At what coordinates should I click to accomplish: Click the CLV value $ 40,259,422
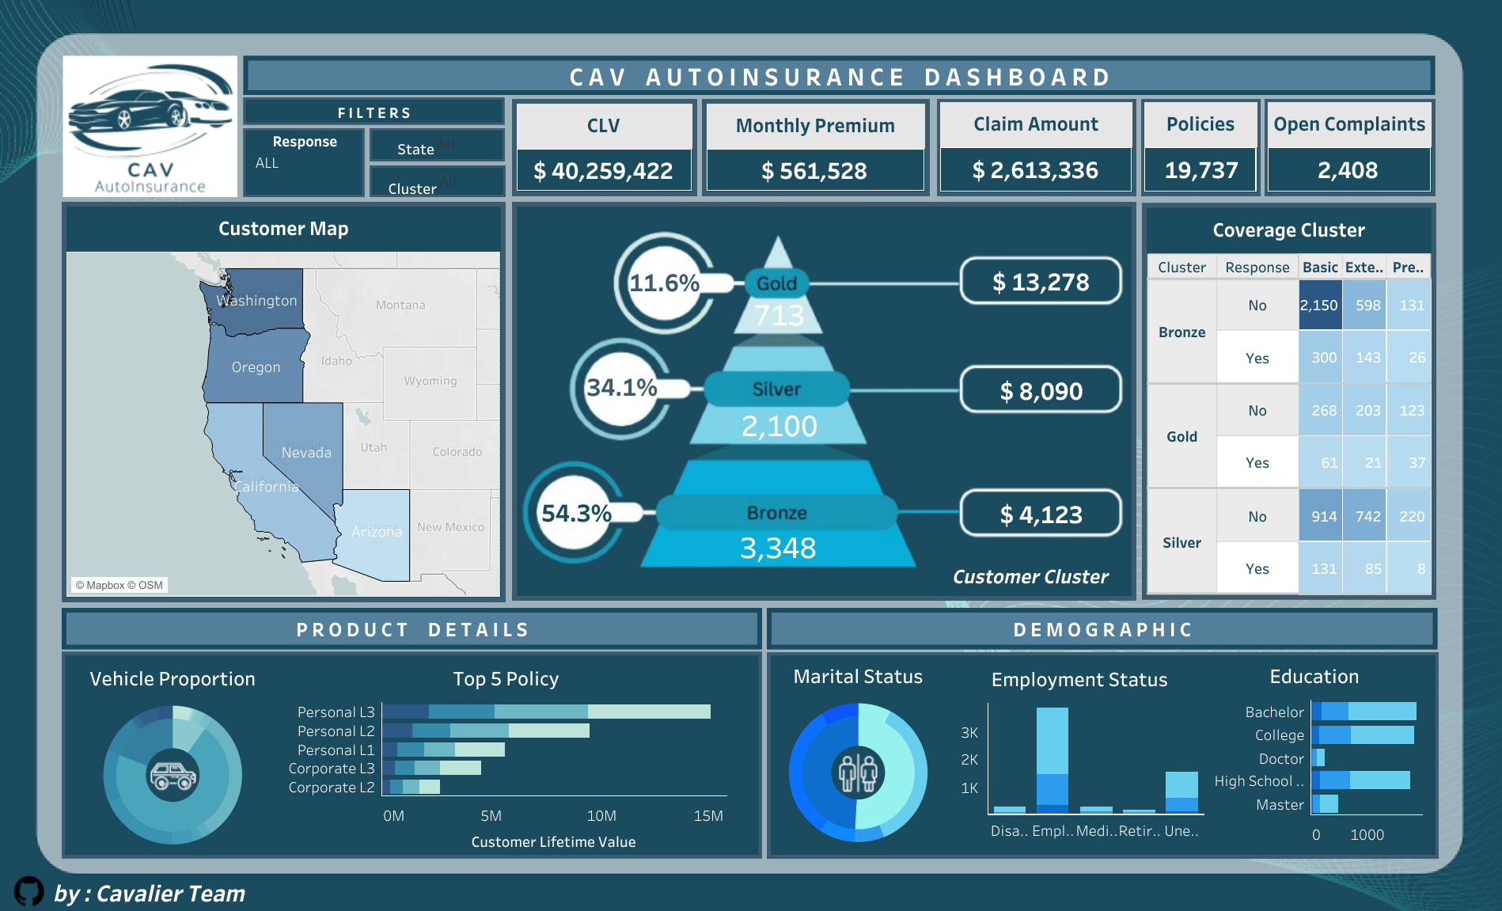tap(603, 171)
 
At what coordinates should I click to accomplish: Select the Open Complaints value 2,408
tap(1348, 170)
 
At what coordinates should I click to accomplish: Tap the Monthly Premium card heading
tap(815, 126)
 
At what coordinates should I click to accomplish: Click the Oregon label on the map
tap(256, 367)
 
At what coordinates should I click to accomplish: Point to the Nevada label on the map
tap(306, 453)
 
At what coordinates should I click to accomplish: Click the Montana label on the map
tap(400, 305)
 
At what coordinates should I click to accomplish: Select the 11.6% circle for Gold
tap(663, 283)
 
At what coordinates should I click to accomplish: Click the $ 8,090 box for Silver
tap(1041, 391)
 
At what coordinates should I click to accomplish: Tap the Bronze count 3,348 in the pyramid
tap(778, 548)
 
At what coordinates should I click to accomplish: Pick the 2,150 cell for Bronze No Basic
tap(1318, 306)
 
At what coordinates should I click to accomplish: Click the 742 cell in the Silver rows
tap(1367, 517)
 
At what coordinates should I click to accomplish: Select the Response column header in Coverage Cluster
tap(1257, 268)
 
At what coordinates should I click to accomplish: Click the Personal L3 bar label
tap(336, 712)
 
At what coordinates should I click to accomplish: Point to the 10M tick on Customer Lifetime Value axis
tap(601, 816)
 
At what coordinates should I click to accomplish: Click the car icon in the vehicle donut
tap(173, 776)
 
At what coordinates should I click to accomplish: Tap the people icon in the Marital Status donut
tap(858, 773)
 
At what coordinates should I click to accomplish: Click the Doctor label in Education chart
tap(1281, 759)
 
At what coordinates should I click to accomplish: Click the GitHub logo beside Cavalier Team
tap(29, 891)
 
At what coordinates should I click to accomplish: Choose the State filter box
tap(436, 147)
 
